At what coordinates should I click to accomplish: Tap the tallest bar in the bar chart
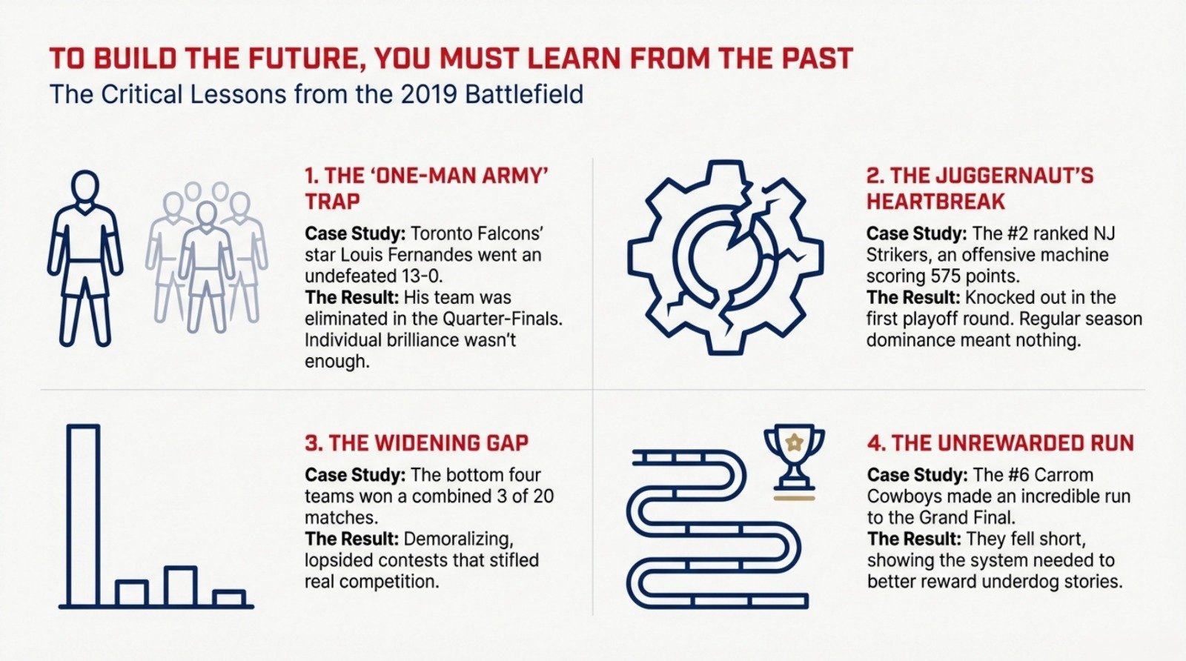(x=83, y=516)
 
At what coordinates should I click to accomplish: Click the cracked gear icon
(x=724, y=256)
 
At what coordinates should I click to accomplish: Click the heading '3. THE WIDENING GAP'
(x=416, y=443)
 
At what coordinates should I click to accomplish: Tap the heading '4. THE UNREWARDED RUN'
(x=1001, y=443)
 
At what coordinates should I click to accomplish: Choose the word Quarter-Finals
(x=502, y=319)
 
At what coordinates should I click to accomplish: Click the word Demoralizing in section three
(x=458, y=539)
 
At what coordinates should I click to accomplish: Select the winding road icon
(x=715, y=528)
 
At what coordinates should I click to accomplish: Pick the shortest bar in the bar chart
(x=229, y=598)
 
